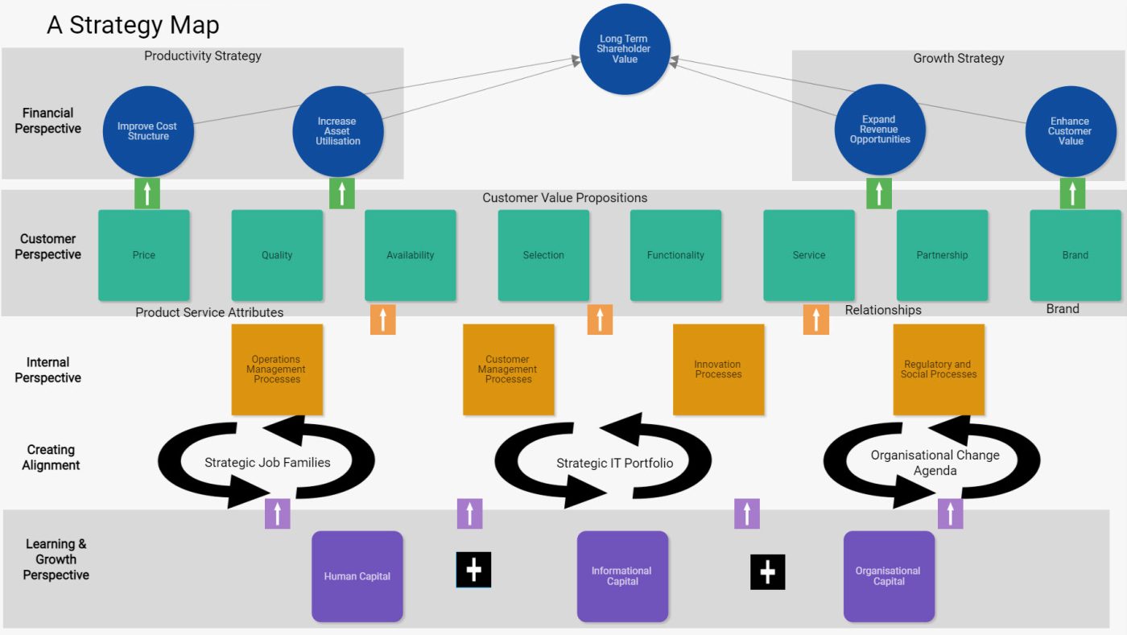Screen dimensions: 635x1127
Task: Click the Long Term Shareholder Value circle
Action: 624,49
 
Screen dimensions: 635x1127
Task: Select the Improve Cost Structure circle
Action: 148,131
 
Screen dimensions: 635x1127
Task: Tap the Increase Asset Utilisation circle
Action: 337,131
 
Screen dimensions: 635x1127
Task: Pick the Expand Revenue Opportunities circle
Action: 880,130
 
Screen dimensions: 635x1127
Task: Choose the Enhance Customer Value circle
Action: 1070,131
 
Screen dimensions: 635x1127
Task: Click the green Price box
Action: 144,255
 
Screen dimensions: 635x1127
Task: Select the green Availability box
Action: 411,255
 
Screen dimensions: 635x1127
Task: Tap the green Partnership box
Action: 942,255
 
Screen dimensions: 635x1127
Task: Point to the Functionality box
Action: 675,255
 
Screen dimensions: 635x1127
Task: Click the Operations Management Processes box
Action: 277,369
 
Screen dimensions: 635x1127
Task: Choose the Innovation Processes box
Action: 718,369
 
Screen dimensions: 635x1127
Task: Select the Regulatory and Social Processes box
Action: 939,369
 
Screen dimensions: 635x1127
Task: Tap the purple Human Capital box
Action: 357,576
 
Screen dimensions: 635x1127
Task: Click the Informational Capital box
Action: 622,576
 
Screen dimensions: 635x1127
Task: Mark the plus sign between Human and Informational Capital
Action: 473,570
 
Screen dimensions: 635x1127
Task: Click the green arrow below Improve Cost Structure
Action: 147,194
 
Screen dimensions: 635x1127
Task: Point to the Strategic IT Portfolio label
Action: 614,463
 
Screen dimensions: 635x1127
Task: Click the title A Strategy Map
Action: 133,25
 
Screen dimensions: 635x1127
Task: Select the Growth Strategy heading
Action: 958,58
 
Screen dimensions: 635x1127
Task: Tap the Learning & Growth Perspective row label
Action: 56,559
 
